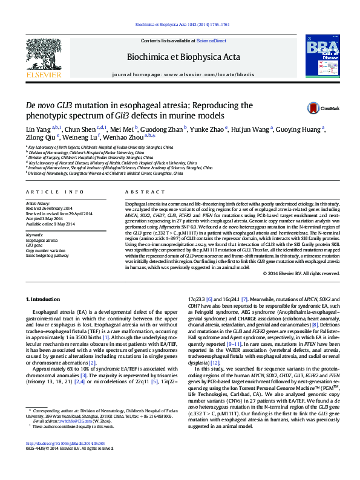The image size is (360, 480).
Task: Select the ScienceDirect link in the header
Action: [x=212, y=41]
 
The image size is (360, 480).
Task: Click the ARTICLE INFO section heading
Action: [x=50, y=192]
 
